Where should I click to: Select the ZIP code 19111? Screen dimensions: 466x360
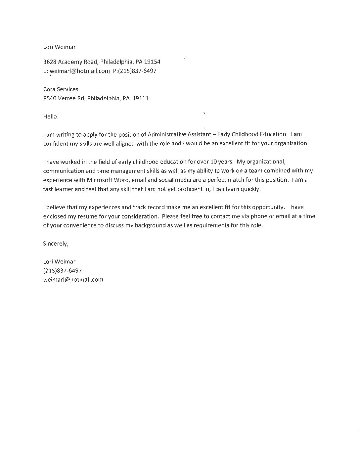pyautogui.click(x=141, y=98)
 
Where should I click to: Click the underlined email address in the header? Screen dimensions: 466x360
pyautogui.click(x=80, y=71)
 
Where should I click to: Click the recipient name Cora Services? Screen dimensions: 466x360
pyautogui.click(x=61, y=89)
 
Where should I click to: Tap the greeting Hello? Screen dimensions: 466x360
pyautogui.click(x=51, y=117)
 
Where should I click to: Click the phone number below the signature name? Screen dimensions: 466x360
pyautogui.click(x=63, y=271)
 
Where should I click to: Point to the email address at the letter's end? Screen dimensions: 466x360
pyautogui.click(x=73, y=280)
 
